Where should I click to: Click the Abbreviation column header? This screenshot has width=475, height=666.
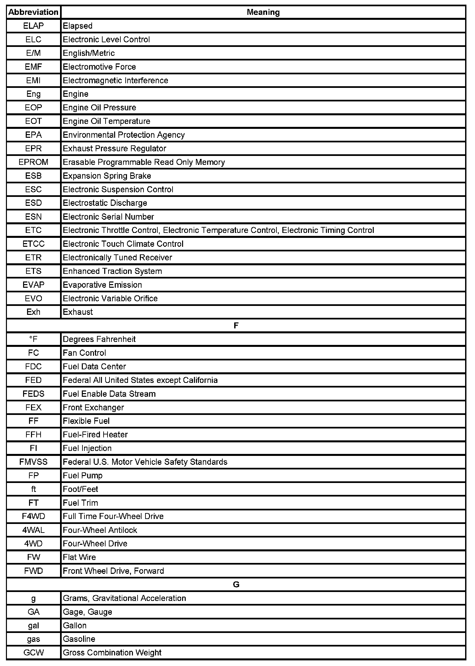pos(33,12)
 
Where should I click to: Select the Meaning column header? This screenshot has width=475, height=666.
pos(263,12)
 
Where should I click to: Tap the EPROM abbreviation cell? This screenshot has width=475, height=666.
pos(33,162)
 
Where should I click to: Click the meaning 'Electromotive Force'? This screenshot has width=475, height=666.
pos(99,67)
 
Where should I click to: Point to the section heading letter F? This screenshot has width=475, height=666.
pos(236,326)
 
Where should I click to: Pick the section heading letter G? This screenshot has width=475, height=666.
pos(236,584)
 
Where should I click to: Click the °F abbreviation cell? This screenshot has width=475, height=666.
pos(33,339)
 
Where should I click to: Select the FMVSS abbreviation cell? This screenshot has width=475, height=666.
pos(33,462)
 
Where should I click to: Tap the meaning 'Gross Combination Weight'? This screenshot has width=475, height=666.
pos(112,652)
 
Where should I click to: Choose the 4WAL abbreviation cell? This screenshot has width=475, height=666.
pos(33,530)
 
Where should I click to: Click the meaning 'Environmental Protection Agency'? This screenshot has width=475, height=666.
pos(124,135)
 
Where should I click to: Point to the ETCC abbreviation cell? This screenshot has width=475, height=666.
pos(33,244)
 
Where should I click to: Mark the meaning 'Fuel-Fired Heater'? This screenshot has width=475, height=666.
pos(95,434)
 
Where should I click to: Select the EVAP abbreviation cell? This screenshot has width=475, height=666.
pos(33,285)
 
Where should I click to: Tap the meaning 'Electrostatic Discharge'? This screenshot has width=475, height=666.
pos(105,203)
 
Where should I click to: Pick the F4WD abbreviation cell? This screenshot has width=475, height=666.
pos(33,516)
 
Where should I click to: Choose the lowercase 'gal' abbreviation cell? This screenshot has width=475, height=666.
pos(33,625)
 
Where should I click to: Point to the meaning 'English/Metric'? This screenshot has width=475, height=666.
pos(89,53)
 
